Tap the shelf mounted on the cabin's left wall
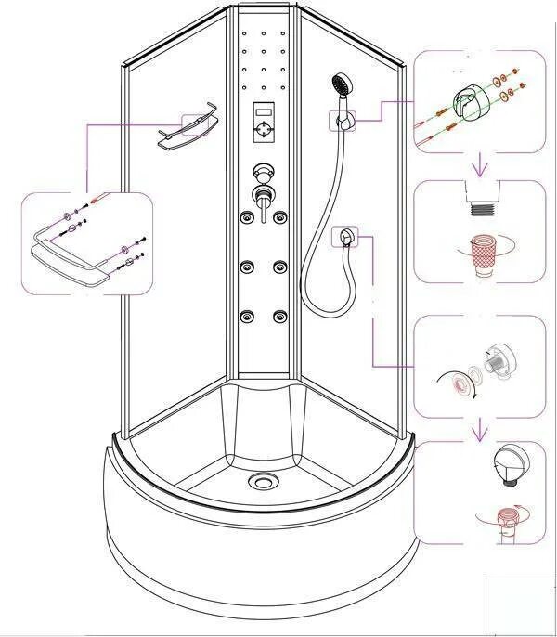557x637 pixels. tap(187, 135)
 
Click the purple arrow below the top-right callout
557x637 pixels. tap(480, 167)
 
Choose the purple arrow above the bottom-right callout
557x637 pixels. tap(480, 431)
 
